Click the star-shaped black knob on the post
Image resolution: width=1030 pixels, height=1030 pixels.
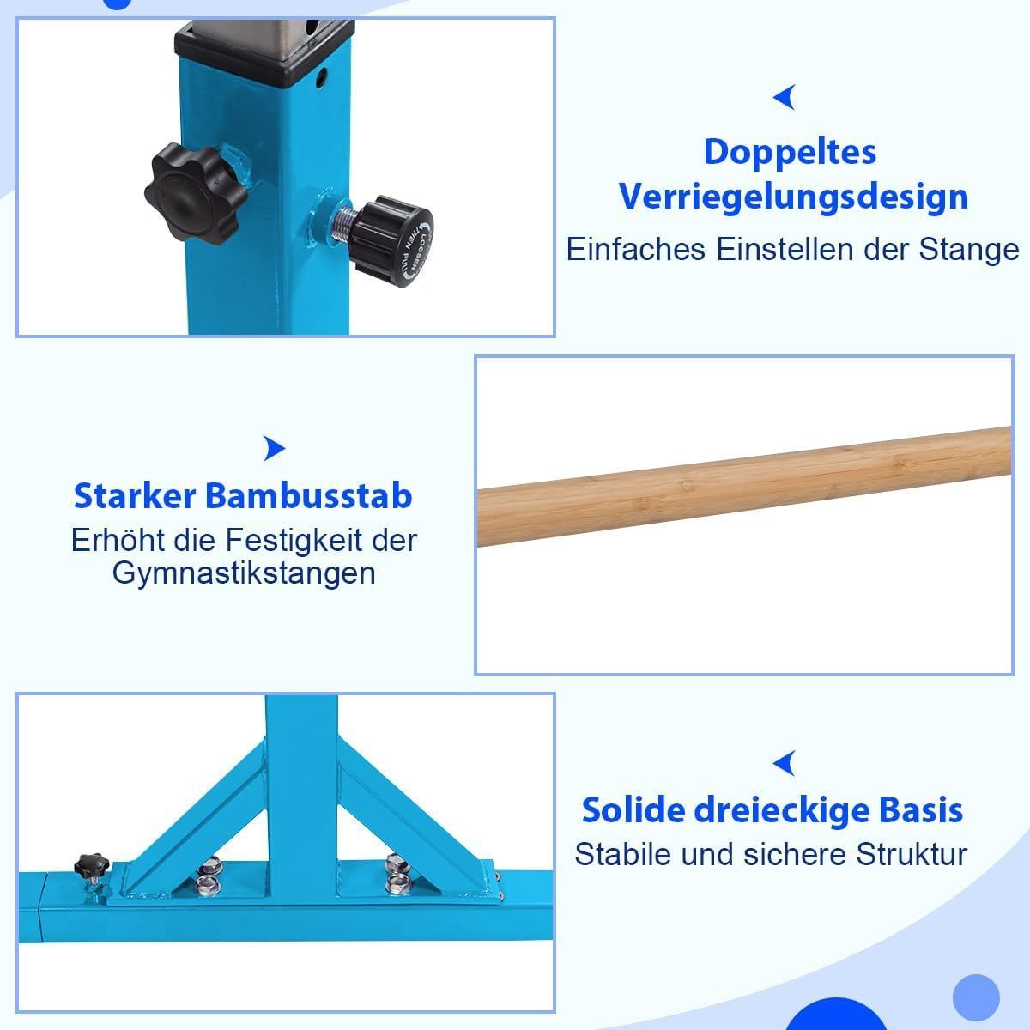pyautogui.click(x=195, y=192)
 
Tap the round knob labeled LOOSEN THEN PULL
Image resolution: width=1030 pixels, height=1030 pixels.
pyautogui.click(x=393, y=241)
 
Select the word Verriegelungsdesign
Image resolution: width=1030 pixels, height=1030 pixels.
pyautogui.click(x=794, y=197)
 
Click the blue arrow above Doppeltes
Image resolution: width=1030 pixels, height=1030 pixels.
pyautogui.click(x=785, y=97)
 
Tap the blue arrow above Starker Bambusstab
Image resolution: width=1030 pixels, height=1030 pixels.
pyautogui.click(x=274, y=448)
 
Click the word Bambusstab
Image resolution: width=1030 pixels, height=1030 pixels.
pyautogui.click(x=308, y=496)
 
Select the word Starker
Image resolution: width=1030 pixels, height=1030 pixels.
pyautogui.click(x=135, y=496)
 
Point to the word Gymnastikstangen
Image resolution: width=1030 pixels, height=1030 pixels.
pyautogui.click(x=244, y=573)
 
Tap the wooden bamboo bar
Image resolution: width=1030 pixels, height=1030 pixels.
pyautogui.click(x=744, y=486)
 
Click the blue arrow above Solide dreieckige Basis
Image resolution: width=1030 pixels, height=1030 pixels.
pyautogui.click(x=785, y=763)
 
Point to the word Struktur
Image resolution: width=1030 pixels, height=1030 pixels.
pyautogui.click(x=912, y=854)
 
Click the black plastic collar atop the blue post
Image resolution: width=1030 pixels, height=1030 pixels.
pyautogui.click(x=264, y=56)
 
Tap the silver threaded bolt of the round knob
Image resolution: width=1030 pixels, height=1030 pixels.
pyautogui.click(x=343, y=223)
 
